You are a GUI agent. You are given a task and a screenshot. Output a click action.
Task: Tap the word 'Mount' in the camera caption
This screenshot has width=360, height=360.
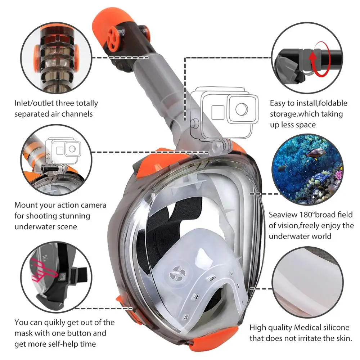click(26, 205)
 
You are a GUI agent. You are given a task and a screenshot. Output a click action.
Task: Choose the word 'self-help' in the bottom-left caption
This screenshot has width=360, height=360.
click(68, 344)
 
